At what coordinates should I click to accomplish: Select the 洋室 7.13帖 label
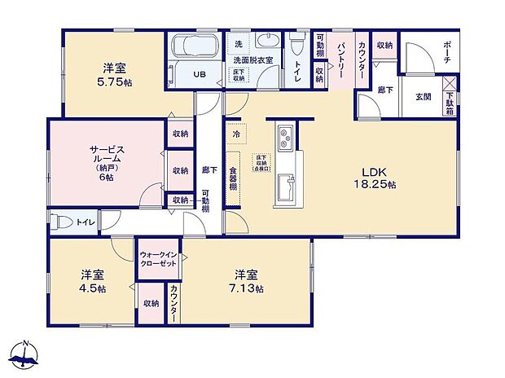click(x=248, y=282)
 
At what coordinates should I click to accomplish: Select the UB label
click(x=199, y=73)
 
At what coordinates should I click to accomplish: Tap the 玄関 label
click(x=424, y=97)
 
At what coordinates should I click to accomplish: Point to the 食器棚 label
click(x=233, y=178)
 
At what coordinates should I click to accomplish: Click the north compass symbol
click(x=27, y=354)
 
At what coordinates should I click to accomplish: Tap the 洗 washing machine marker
click(x=238, y=42)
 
